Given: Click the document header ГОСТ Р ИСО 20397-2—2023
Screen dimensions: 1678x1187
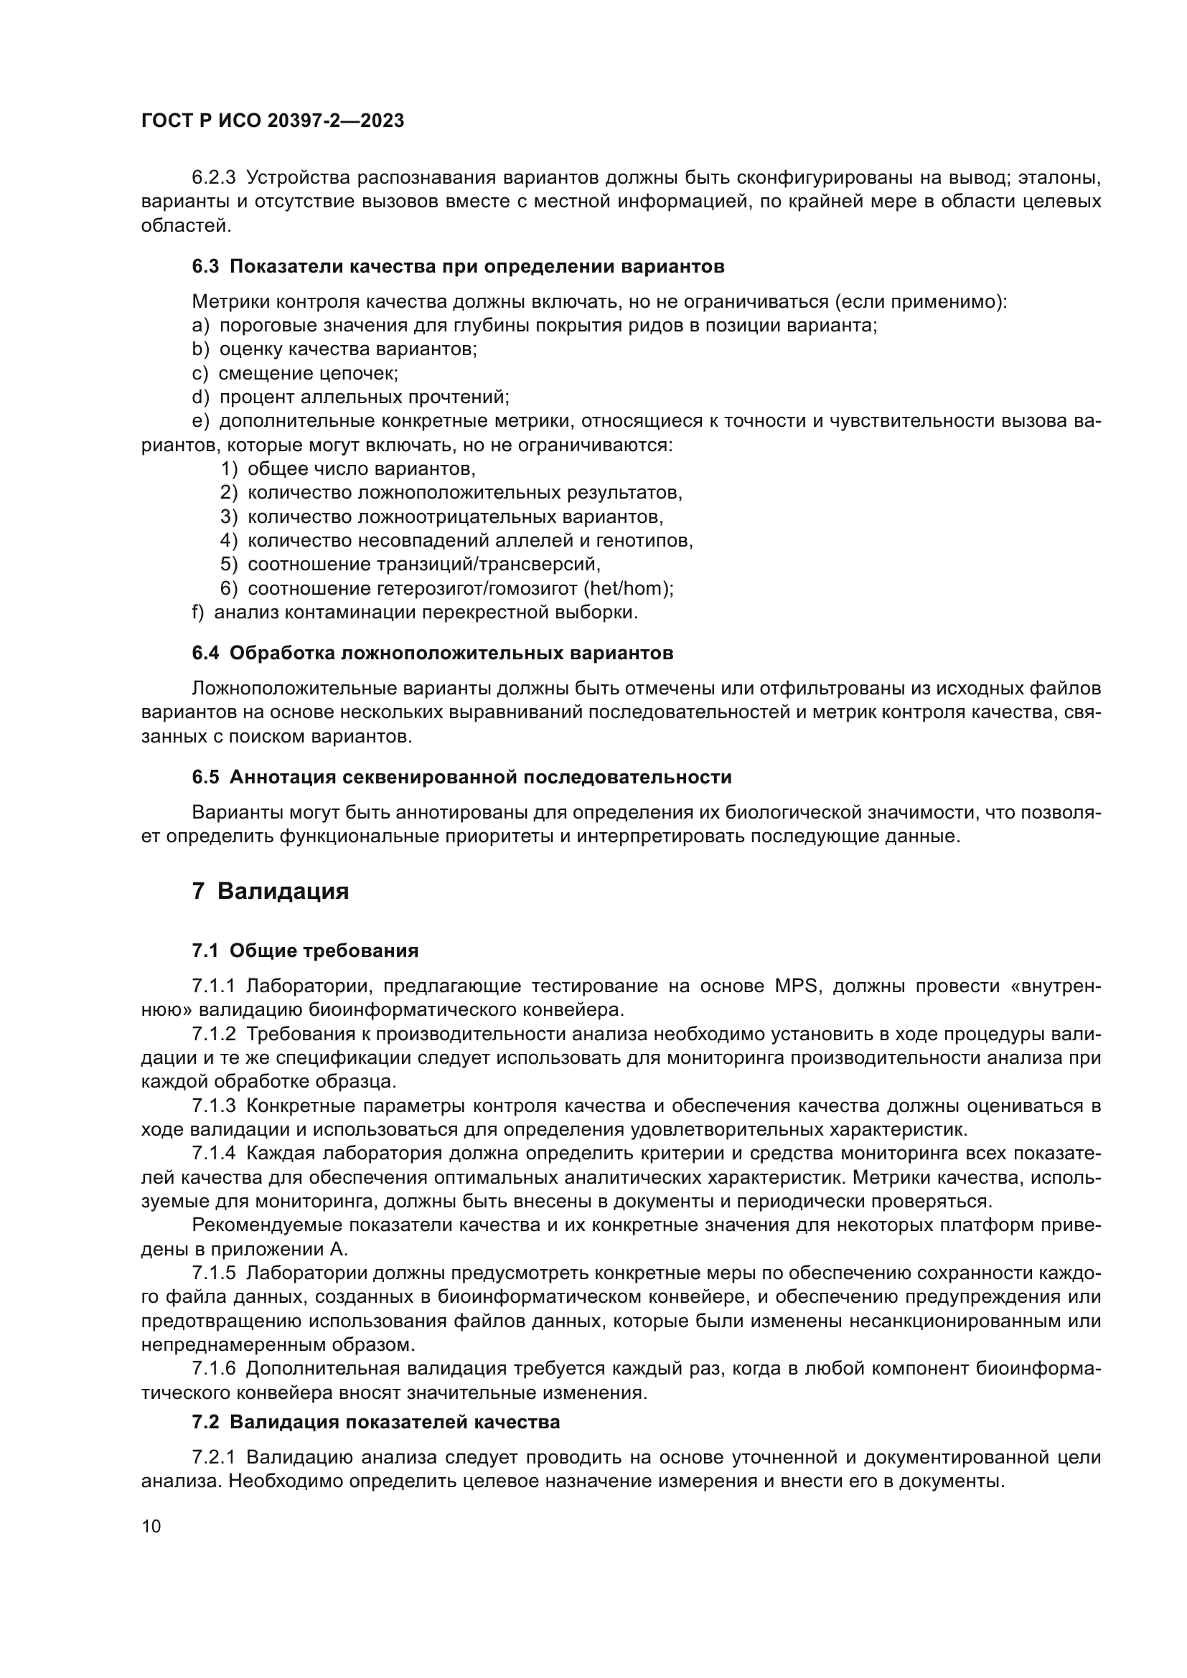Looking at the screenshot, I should click(x=273, y=121).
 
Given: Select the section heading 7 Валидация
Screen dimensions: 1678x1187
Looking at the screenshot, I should click(x=271, y=892).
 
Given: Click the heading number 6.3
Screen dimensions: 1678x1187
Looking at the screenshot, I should click(x=205, y=267).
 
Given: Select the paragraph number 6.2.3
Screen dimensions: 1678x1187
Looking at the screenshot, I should click(x=213, y=178).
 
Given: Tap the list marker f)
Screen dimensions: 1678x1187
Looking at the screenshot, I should click(x=198, y=613).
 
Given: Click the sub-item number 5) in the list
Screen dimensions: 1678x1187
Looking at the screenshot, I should click(x=230, y=564).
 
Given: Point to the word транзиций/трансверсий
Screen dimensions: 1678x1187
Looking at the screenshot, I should click(x=488, y=564).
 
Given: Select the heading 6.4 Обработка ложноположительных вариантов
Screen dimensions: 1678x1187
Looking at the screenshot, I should click(x=433, y=654).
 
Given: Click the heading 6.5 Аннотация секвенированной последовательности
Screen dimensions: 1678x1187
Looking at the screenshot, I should click(x=461, y=777).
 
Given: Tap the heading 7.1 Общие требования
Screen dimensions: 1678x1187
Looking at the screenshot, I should click(x=306, y=951).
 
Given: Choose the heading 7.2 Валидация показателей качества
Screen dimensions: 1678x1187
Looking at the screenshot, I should click(x=375, y=1422).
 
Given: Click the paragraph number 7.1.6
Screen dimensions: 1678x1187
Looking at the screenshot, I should click(x=213, y=1369).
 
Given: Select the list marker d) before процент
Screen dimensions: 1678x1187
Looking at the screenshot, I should click(x=200, y=397).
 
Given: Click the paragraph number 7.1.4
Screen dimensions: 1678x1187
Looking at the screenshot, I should click(x=213, y=1154).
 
